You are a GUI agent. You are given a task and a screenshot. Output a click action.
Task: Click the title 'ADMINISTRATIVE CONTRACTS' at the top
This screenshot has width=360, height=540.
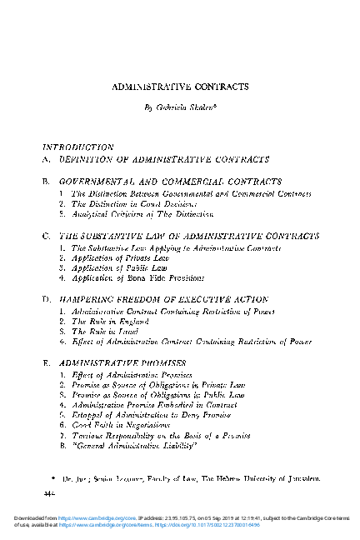point(179,86)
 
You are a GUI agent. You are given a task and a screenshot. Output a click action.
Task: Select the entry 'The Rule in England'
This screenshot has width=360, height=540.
point(106,321)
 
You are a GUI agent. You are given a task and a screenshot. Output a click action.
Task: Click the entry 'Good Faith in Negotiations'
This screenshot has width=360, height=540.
point(122,424)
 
